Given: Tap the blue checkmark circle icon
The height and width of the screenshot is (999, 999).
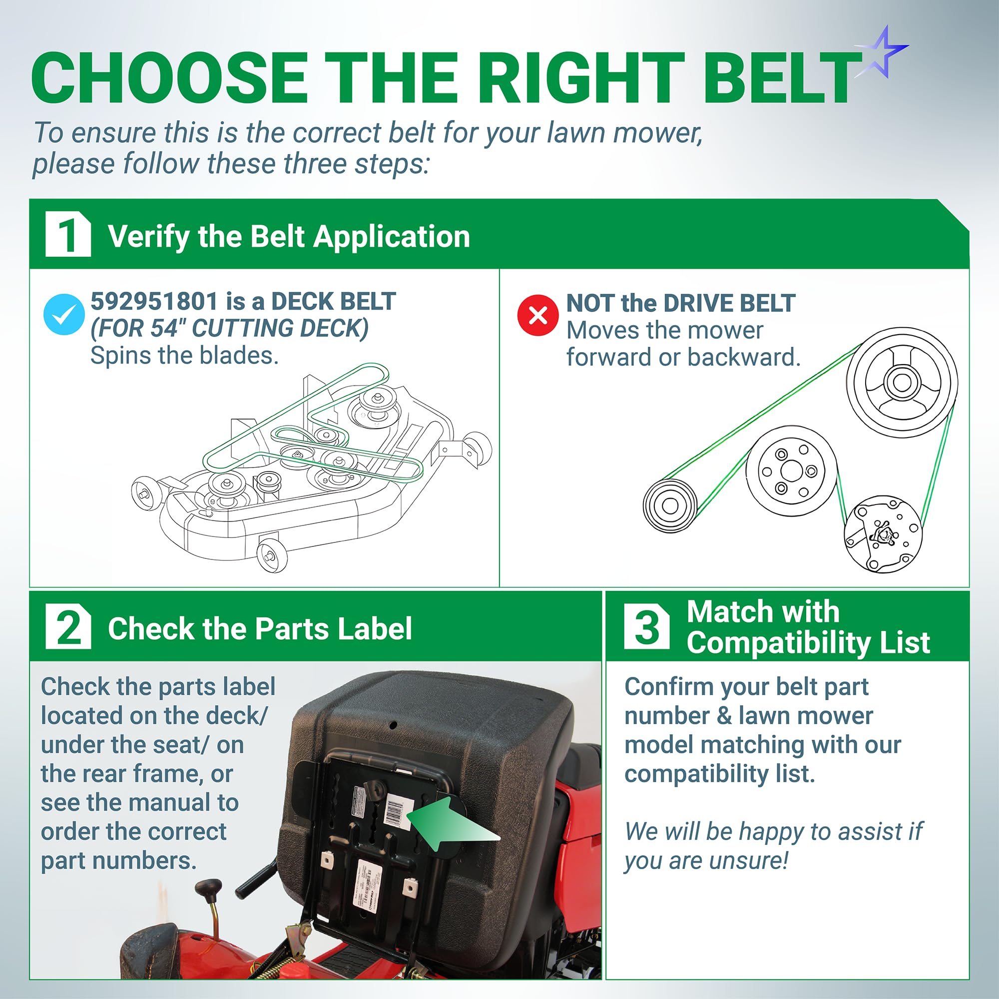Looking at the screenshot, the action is pos(64,314).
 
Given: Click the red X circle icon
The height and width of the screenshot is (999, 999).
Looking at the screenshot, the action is pos(538,315).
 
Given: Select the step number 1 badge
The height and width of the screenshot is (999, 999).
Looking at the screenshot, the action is pos(68,234).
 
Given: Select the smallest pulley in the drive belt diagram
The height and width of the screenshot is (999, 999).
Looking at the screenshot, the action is pos(671,505).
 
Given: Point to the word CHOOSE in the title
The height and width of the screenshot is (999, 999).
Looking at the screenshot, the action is pos(170,77).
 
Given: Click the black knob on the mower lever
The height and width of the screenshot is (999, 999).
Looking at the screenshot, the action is pos(208,891).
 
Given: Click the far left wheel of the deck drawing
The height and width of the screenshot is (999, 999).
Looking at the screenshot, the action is pos(144,494).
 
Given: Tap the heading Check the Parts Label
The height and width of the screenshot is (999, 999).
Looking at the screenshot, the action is pos(260,629).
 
